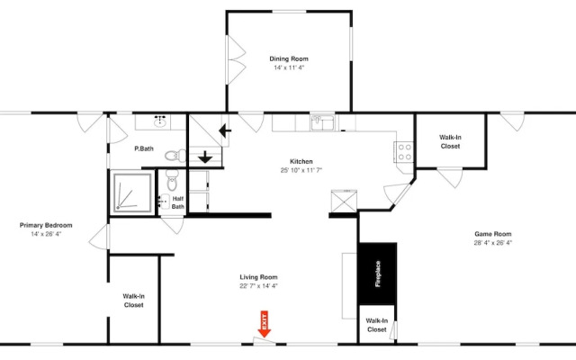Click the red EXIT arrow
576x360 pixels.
coord(264,324)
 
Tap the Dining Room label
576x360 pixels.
coord(289,58)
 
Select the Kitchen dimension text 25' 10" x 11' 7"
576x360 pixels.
coord(301,170)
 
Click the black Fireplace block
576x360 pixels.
coord(377,274)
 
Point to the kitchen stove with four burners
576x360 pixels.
coord(404,152)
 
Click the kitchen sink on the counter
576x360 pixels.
coord(322,122)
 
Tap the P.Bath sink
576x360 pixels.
coord(160,121)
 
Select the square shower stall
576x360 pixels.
coord(132,193)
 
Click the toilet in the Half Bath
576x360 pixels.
coord(172,180)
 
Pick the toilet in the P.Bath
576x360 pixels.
coord(176,156)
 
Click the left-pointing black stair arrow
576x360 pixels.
coord(225,130)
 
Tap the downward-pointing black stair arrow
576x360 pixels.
coord(205,157)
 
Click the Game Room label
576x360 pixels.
coord(492,234)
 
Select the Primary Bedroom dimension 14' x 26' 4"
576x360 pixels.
coord(46,234)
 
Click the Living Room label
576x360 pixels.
coord(258,277)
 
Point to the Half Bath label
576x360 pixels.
coord(178,202)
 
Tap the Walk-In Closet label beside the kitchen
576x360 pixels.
coord(450,142)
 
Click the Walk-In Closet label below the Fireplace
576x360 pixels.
coord(376,325)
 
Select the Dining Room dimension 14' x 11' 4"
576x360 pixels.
coord(289,67)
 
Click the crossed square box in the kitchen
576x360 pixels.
coord(344,201)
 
